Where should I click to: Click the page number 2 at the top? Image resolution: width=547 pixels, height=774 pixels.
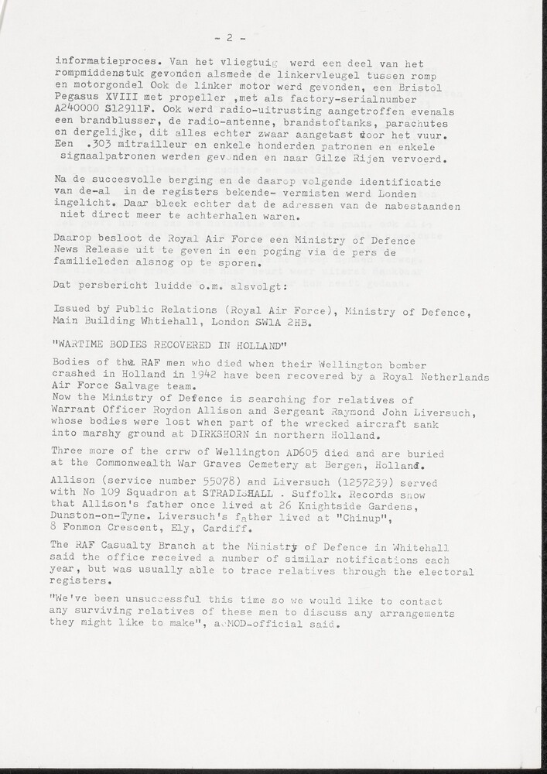click(x=230, y=37)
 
